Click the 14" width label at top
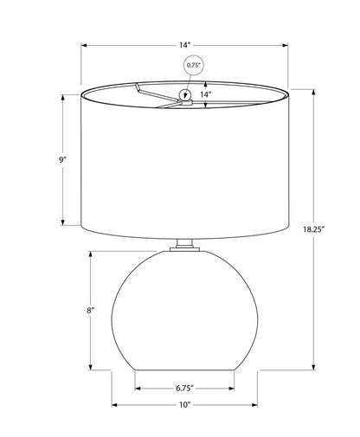click(x=185, y=45)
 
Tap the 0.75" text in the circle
click(x=193, y=65)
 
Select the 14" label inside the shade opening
click(x=206, y=94)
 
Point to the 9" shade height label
click(x=62, y=160)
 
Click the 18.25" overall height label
click(x=313, y=229)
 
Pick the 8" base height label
click(x=90, y=311)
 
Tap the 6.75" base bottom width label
click(x=184, y=389)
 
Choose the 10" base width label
click(x=185, y=405)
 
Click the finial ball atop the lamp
click(x=185, y=94)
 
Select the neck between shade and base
click(x=184, y=242)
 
